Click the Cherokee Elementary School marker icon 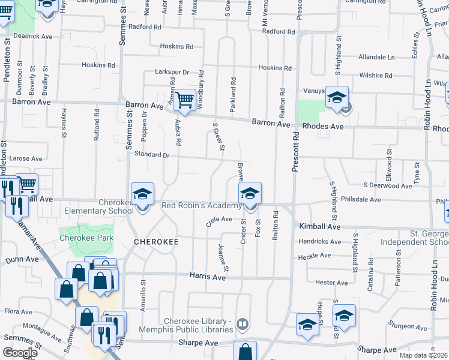click(x=142, y=194)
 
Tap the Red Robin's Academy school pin click(x=250, y=194)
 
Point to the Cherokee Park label click(x=86, y=238)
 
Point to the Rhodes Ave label click(x=322, y=127)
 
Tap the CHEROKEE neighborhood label click(x=156, y=241)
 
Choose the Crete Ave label click(x=218, y=220)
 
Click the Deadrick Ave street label click(x=34, y=36)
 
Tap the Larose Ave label click(x=25, y=159)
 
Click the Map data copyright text click(x=424, y=355)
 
